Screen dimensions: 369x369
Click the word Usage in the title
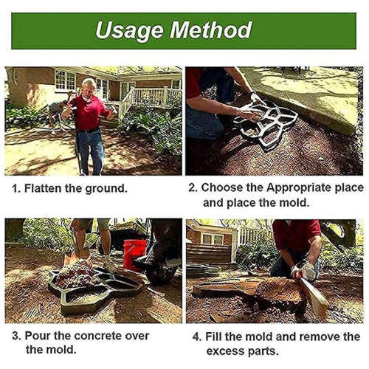pos(130,30)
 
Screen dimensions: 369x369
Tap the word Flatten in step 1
pos(45,188)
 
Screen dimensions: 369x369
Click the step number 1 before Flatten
pos(14,188)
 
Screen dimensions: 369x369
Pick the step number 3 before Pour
pos(14,335)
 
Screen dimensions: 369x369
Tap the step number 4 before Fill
pos(196,336)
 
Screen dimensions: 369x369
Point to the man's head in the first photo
pos(89,86)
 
